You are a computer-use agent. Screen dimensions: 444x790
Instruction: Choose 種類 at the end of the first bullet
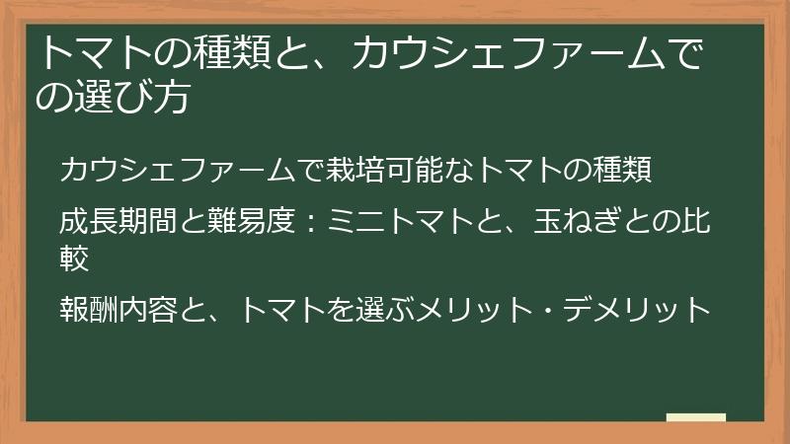pyautogui.click(x=624, y=170)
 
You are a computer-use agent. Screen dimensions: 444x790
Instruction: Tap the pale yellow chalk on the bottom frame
pyautogui.click(x=696, y=418)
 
